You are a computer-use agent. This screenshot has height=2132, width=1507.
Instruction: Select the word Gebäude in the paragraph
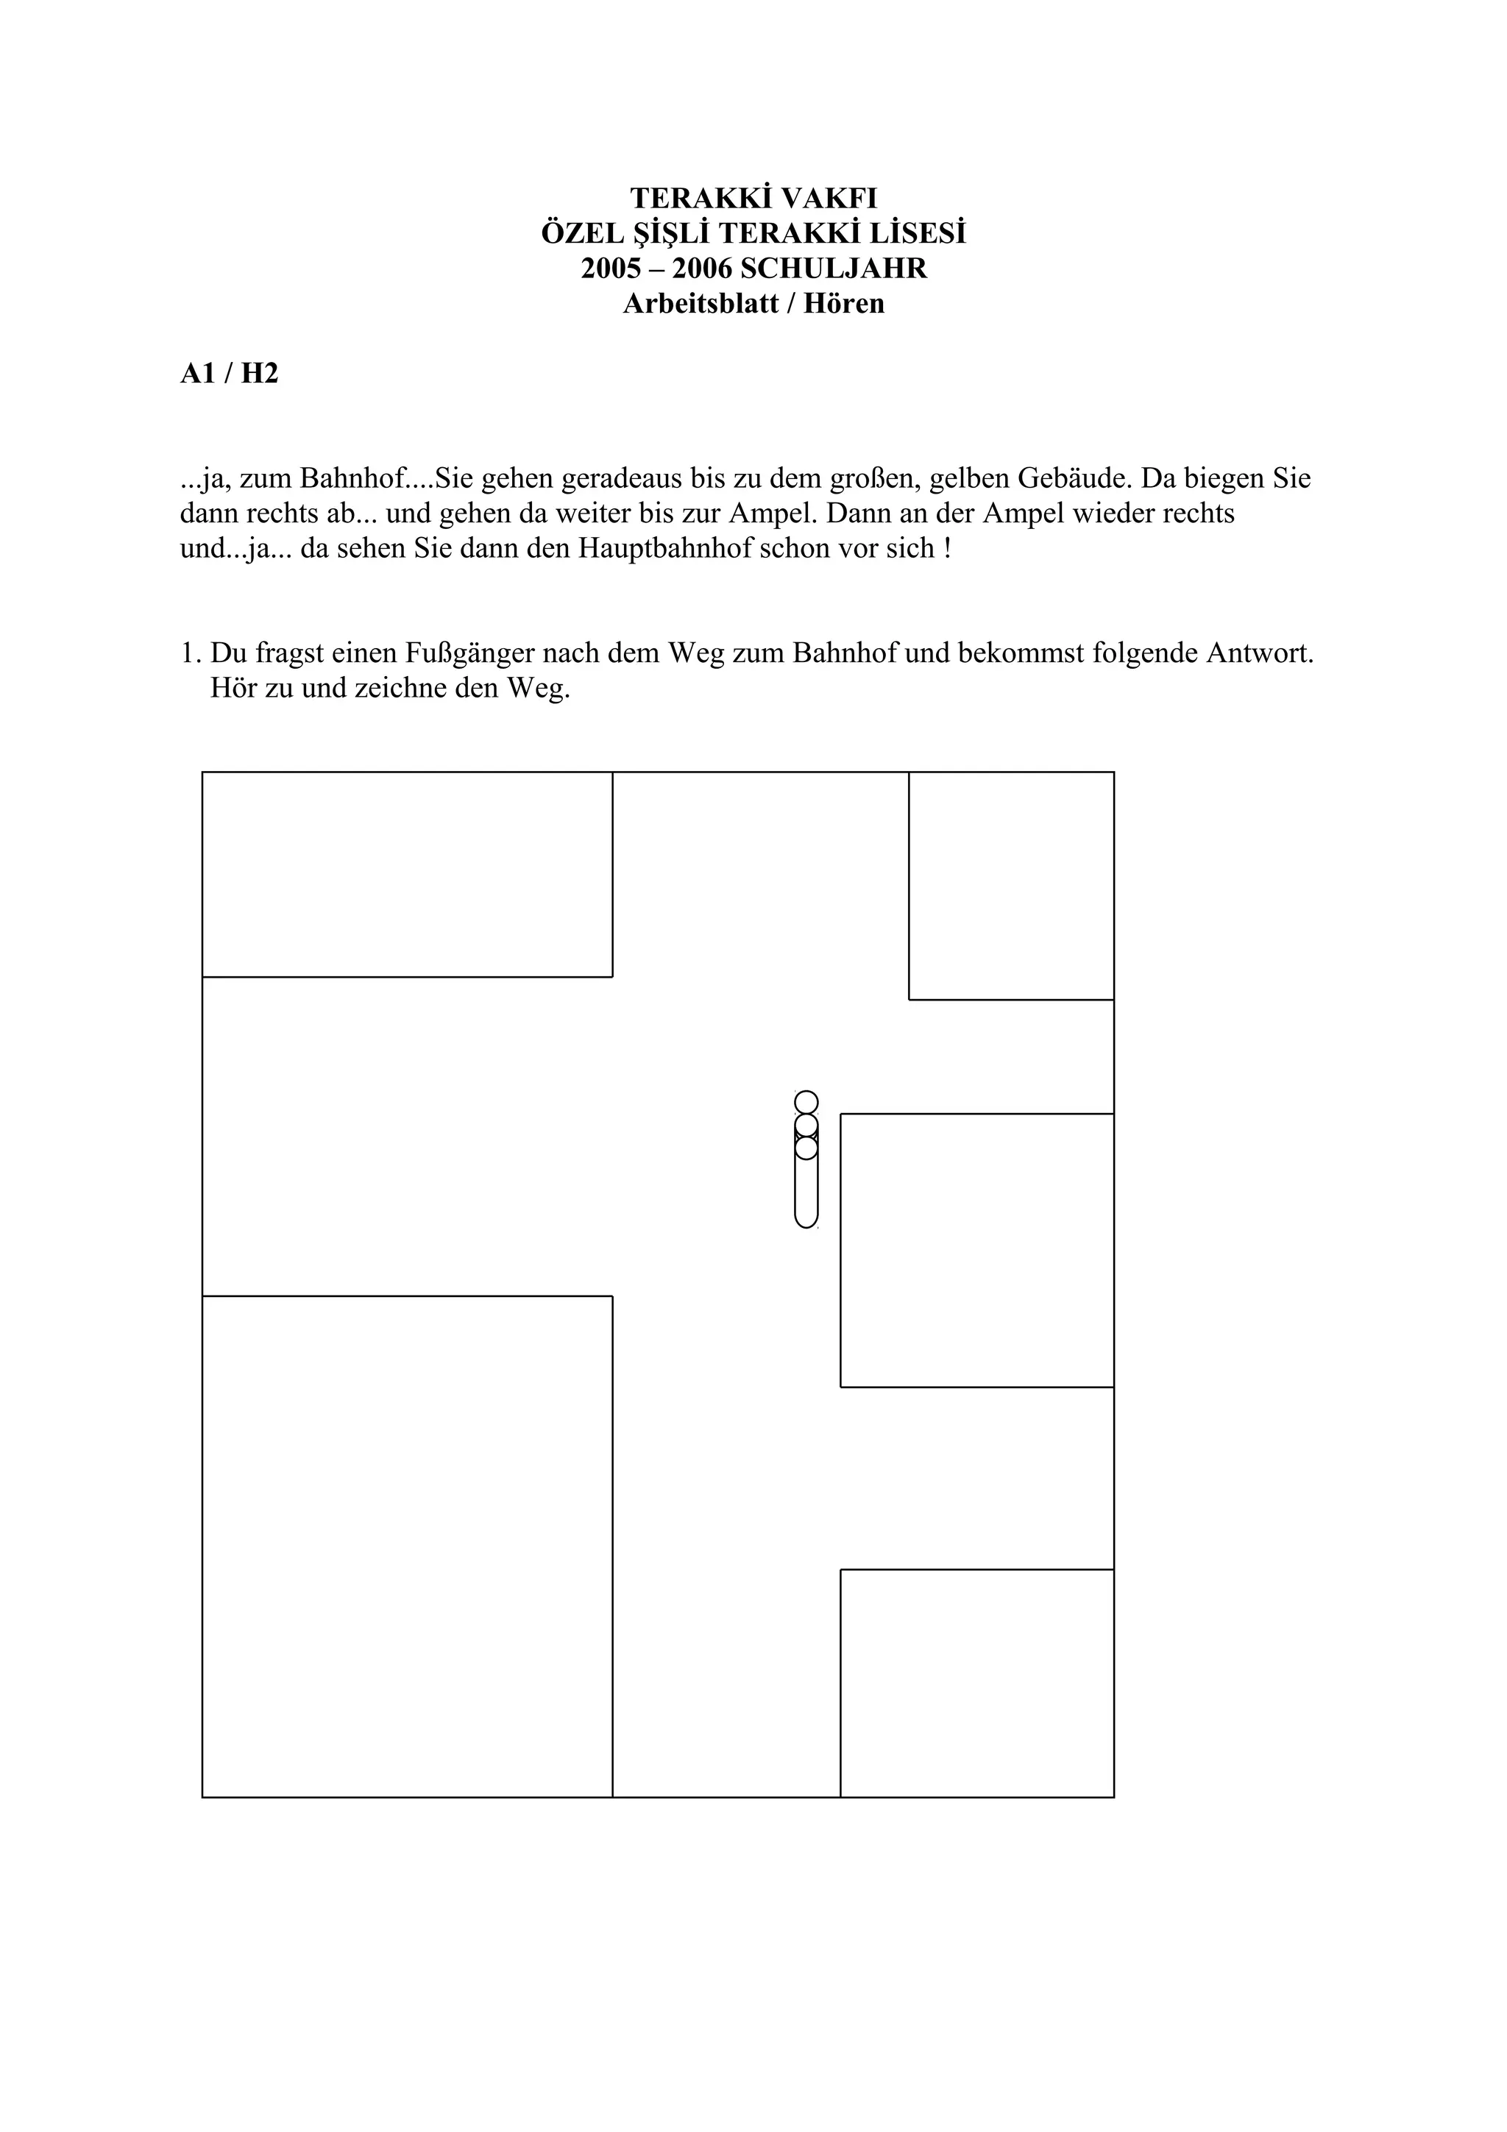coord(1074,479)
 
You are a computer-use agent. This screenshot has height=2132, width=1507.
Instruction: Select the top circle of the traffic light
coord(806,1102)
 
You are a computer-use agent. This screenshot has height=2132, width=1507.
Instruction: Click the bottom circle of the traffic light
coord(806,1148)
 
